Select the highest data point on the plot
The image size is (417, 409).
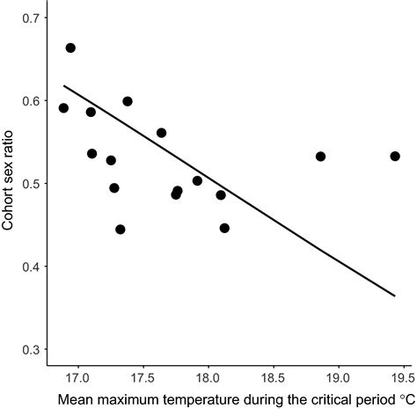pyautogui.click(x=70, y=47)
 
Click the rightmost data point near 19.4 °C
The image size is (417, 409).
pyautogui.click(x=395, y=156)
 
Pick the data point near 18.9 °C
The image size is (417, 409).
pyautogui.click(x=320, y=156)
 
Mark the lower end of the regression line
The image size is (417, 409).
pyautogui.click(x=395, y=296)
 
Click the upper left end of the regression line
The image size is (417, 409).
pyautogui.click(x=63, y=85)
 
